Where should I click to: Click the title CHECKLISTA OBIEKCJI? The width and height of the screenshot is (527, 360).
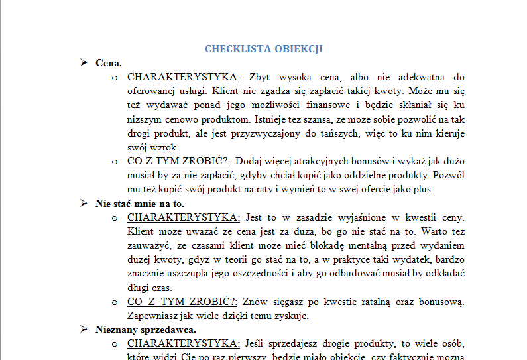coord(263,48)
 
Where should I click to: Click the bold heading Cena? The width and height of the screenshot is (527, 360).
coord(109,63)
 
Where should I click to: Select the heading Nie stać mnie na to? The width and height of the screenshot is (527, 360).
coord(140,203)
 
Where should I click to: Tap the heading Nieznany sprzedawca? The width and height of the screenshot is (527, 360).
coord(145,329)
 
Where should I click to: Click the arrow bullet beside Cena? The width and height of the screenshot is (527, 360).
coord(84,63)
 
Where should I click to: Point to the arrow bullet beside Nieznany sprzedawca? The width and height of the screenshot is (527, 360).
coord(84,329)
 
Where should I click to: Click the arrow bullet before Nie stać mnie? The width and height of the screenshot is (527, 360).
coord(84,203)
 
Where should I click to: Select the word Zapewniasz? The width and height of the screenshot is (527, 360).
coord(151,316)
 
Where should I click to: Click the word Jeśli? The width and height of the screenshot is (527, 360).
coord(255,343)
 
